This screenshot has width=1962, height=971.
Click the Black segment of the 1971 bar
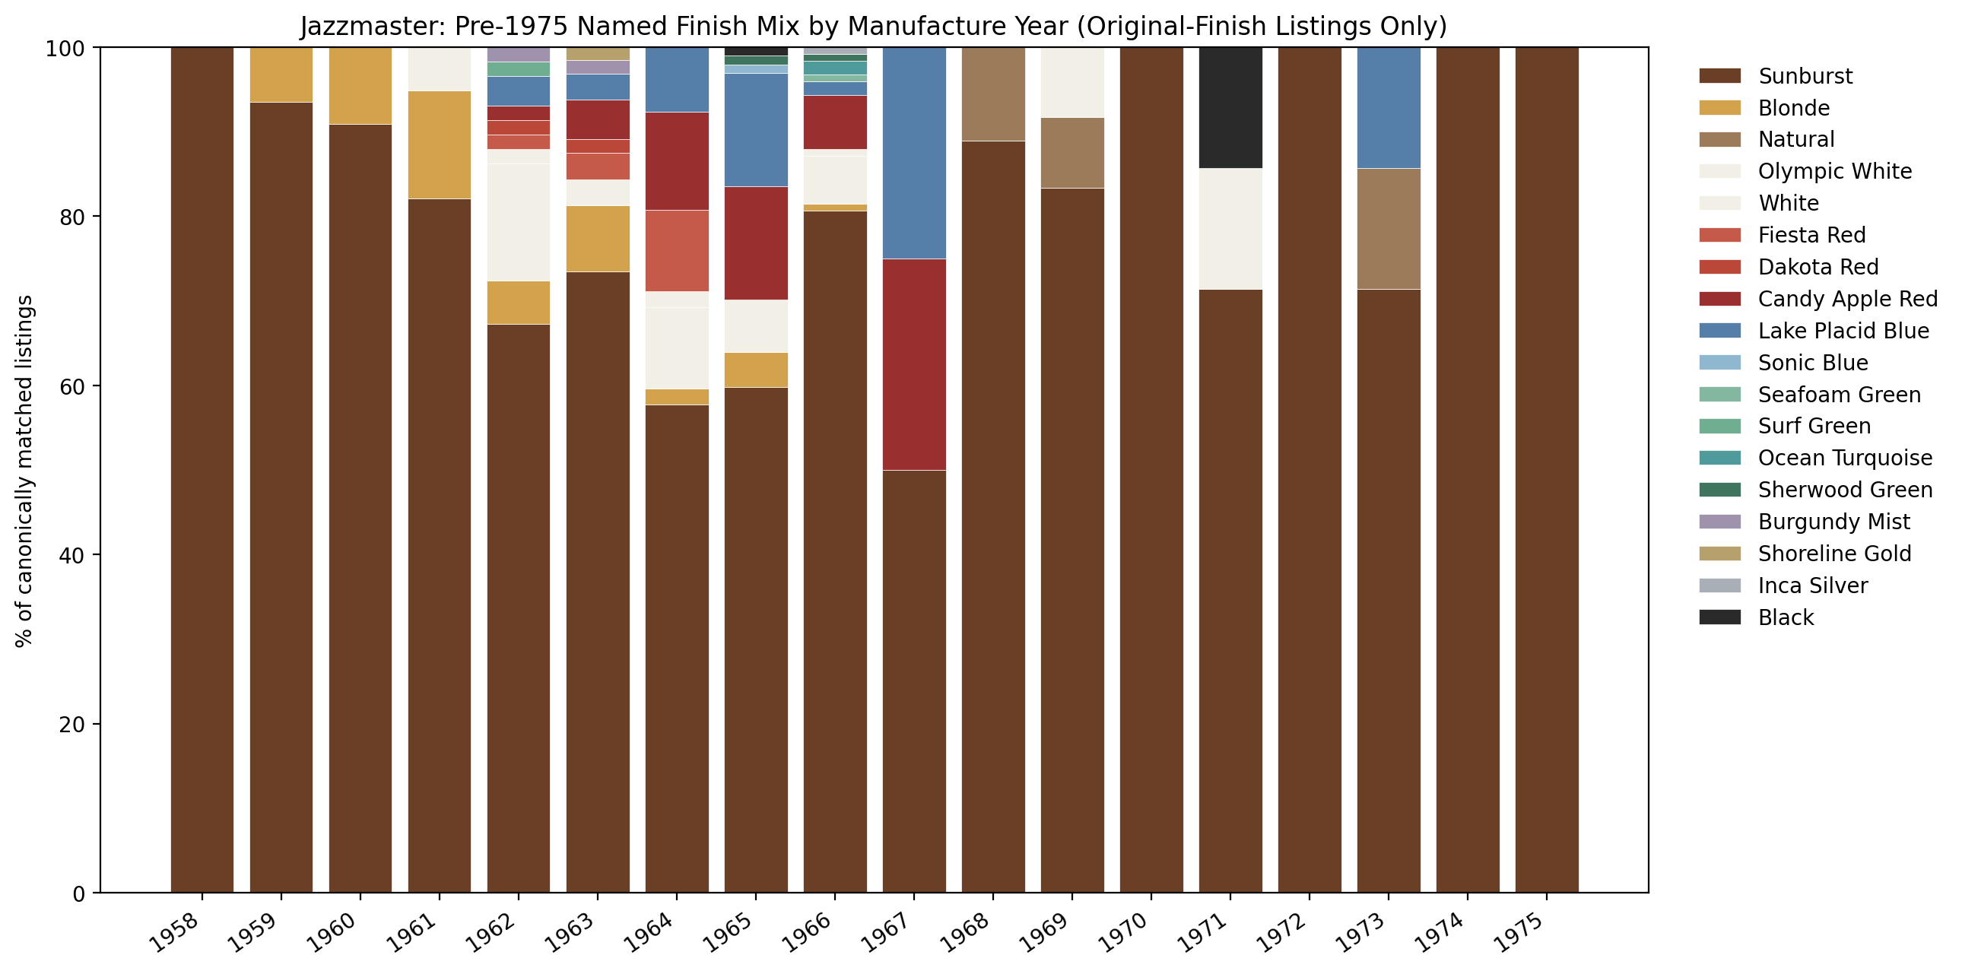pyautogui.click(x=1230, y=107)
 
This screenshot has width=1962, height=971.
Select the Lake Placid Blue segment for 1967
pyautogui.click(x=914, y=152)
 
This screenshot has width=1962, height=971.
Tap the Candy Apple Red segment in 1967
pyautogui.click(x=914, y=364)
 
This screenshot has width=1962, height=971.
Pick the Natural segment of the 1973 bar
pyautogui.click(x=1389, y=228)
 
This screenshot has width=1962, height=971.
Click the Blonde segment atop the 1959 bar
pyautogui.click(x=281, y=75)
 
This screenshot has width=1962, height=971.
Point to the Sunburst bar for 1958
pyautogui.click(x=202, y=470)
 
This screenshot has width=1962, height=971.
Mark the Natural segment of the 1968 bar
pyautogui.click(x=993, y=94)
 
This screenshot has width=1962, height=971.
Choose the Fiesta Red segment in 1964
pyautogui.click(x=677, y=251)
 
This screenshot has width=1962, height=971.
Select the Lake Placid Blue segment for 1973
pyautogui.click(x=1389, y=107)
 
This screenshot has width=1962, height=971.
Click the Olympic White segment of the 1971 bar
pyautogui.click(x=1230, y=228)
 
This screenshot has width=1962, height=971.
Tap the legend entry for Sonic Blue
pyautogui.click(x=1812, y=363)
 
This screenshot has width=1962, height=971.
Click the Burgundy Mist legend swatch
pyautogui.click(x=1719, y=522)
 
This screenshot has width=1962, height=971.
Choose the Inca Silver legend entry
pyautogui.click(x=1812, y=585)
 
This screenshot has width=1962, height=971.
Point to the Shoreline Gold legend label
pyautogui.click(x=1834, y=554)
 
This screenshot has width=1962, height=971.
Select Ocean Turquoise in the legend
pyautogui.click(x=1844, y=458)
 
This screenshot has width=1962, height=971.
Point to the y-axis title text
pyautogui.click(x=24, y=470)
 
